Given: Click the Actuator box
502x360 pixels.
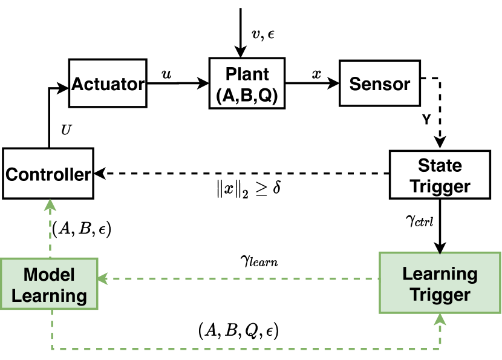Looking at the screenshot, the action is (108, 83).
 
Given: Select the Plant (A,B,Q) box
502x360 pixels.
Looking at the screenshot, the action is (247, 83).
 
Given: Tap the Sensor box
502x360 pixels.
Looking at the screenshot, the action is (380, 83).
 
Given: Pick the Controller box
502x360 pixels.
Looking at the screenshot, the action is (48, 174).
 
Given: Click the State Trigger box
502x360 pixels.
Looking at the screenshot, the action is (440, 175).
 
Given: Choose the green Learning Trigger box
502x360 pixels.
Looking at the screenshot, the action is (440, 283).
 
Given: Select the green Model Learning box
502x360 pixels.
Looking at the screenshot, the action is (49, 284).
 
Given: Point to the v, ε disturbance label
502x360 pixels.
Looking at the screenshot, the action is (263, 34).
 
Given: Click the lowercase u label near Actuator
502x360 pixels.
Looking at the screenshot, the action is (166, 74).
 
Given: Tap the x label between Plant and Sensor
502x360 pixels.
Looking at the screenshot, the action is (316, 74).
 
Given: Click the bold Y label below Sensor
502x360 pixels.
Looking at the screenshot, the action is (426, 119).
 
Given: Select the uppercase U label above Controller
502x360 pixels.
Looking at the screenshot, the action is (67, 129).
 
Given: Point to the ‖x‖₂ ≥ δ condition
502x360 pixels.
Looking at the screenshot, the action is (249, 189).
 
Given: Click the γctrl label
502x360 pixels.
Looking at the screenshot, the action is (419, 220).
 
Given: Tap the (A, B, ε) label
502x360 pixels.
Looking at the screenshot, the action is (82, 229).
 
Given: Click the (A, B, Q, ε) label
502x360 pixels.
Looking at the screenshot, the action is (238, 330).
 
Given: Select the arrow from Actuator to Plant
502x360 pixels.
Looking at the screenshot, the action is (178, 83).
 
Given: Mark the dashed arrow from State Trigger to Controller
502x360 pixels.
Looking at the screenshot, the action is (242, 174).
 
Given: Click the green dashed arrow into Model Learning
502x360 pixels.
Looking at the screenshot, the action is (238, 279).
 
